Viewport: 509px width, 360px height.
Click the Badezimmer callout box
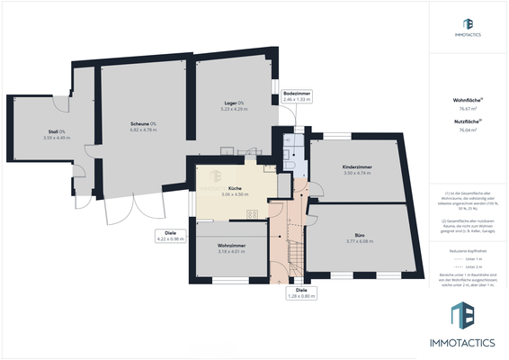[296, 96]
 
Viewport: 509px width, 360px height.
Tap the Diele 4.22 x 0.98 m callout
[170, 236]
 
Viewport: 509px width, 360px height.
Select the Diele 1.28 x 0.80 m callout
[301, 292]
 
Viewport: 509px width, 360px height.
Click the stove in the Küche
[253, 213]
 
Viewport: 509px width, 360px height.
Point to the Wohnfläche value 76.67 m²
[467, 108]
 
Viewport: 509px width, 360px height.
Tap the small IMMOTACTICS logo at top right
[468, 27]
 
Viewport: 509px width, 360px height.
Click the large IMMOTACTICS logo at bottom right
[468, 324]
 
